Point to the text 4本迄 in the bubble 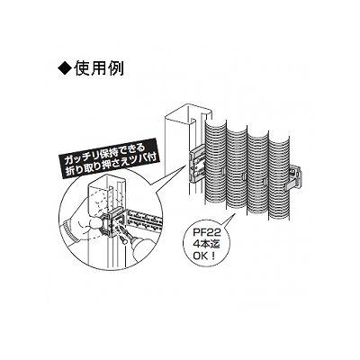click(x=207, y=245)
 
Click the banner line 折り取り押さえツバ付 click(x=112, y=166)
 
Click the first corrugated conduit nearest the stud click(x=216, y=164)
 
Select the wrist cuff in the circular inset click(x=68, y=230)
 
